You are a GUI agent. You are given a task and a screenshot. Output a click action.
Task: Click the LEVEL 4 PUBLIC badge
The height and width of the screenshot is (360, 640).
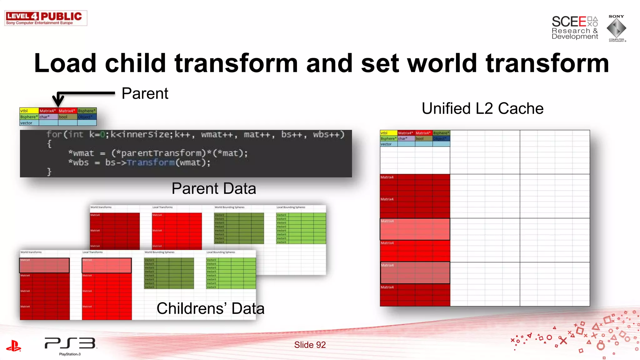[x=46, y=18]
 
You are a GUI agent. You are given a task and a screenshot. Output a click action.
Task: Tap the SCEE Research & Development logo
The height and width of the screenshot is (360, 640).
[x=575, y=27]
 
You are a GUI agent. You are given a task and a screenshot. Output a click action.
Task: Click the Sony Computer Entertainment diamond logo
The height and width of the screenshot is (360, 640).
[x=616, y=28]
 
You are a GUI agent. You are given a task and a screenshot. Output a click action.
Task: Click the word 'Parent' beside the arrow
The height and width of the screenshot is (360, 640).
[x=145, y=93]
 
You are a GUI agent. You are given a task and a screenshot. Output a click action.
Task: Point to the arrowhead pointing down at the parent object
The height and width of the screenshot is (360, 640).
[x=58, y=102]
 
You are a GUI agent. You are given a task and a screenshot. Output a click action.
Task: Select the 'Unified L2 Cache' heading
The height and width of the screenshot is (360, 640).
[x=482, y=108]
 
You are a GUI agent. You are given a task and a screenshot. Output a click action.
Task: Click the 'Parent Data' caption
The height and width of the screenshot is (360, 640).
[x=214, y=188]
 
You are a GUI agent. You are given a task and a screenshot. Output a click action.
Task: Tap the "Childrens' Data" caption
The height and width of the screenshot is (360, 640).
[x=210, y=308]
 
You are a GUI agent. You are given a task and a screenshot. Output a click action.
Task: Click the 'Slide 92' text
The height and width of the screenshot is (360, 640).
[x=310, y=345]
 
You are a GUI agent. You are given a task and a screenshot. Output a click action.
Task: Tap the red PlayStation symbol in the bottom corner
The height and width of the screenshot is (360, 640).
[x=13, y=346]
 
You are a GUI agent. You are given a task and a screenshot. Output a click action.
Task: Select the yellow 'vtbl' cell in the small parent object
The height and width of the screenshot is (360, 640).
[x=29, y=111]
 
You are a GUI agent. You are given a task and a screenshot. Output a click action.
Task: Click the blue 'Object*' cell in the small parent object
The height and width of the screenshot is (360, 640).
[x=87, y=117]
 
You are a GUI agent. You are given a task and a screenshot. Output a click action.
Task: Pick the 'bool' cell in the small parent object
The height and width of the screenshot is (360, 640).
[x=67, y=117]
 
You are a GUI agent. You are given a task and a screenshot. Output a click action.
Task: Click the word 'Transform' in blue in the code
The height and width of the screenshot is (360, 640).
[x=151, y=162]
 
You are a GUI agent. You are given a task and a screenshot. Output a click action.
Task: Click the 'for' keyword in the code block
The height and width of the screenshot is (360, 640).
[x=54, y=134]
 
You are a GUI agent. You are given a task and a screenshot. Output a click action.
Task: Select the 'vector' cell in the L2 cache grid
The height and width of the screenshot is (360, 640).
[x=388, y=144]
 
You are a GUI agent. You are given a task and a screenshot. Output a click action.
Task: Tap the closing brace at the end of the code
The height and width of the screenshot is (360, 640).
[x=49, y=172]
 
